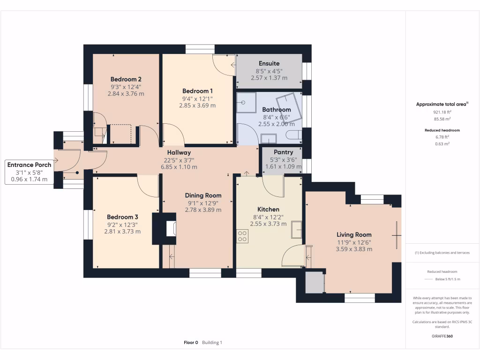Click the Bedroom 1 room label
click(x=197, y=91)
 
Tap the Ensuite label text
click(x=269, y=63)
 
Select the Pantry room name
click(x=283, y=152)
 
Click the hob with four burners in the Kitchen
click(x=242, y=236)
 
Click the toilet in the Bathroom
click(x=293, y=136)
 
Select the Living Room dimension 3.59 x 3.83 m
click(x=354, y=249)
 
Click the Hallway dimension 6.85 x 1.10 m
click(x=179, y=167)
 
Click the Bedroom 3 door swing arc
click(x=148, y=187)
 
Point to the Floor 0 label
click(x=191, y=343)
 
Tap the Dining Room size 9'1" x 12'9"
click(x=203, y=203)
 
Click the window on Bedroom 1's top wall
click(x=200, y=49)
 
